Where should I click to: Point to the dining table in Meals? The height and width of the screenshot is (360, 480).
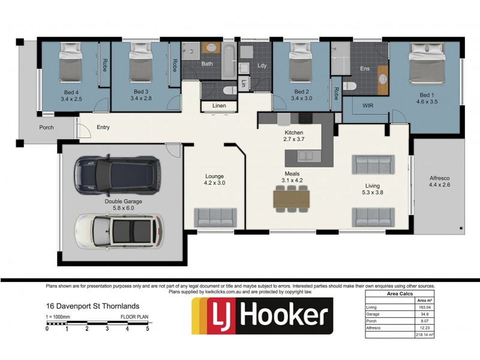(291, 198)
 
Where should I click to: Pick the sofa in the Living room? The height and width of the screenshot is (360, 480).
(373, 164)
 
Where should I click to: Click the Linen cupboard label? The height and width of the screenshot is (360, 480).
(219, 106)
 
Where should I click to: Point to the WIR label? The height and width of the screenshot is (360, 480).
(368, 106)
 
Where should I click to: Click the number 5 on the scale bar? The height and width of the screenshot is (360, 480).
(147, 329)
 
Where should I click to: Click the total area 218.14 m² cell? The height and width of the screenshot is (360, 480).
(424, 335)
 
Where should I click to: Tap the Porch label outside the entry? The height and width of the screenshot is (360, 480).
(46, 127)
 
